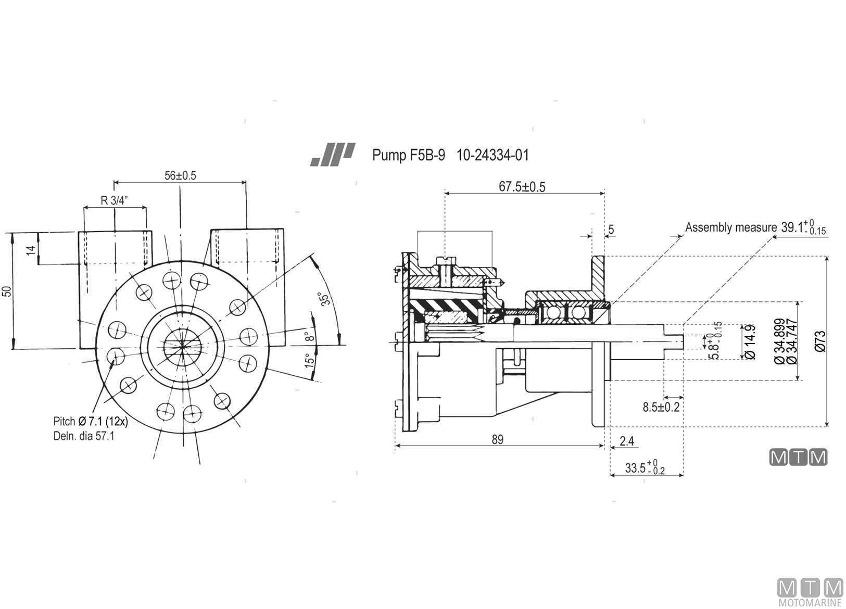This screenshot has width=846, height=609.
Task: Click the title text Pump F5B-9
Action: coord(409,155)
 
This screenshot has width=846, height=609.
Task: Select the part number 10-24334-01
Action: coord(493,155)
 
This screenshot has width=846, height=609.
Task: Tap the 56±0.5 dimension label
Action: coord(180,175)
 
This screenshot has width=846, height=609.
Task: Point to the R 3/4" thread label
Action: coord(114,200)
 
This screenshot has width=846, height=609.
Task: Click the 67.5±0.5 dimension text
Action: coord(522,186)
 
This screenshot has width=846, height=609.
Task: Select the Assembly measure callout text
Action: coord(731,227)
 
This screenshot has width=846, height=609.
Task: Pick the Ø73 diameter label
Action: coord(820,341)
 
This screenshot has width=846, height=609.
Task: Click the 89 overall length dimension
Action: coord(497,439)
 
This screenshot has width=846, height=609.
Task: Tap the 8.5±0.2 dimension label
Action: coord(661,407)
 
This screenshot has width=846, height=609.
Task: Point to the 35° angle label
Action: coord(325,298)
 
